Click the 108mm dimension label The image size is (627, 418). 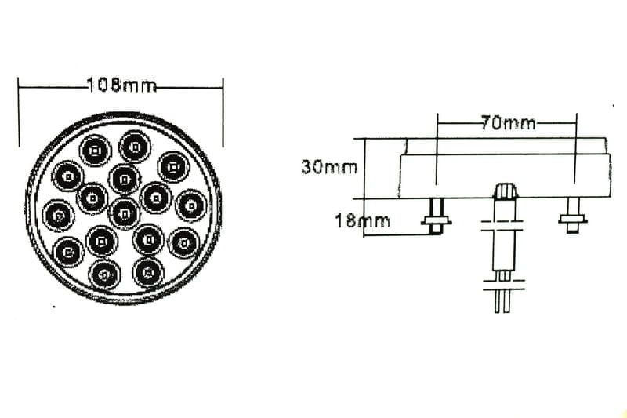(x=121, y=85)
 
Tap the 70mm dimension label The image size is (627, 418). (x=508, y=123)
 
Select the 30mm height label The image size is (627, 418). (x=328, y=167)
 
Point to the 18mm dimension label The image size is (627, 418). (x=362, y=220)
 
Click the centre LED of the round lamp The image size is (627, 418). (x=125, y=213)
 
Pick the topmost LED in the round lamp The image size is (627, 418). (x=135, y=147)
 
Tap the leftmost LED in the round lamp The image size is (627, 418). (x=58, y=216)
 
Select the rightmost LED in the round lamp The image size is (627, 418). (x=191, y=205)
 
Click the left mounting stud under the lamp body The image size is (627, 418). (x=437, y=216)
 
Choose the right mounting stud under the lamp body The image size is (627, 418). (x=573, y=216)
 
